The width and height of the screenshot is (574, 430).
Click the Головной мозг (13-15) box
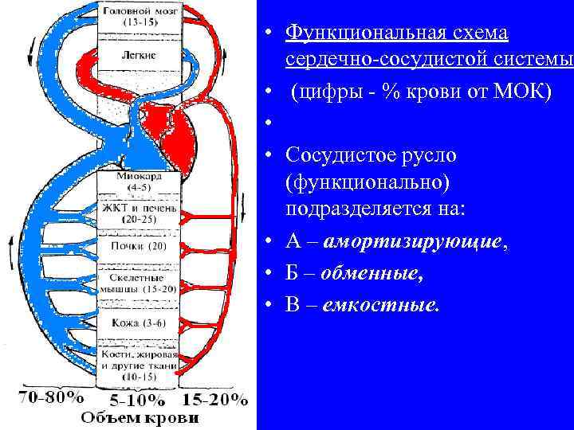(x=140, y=17)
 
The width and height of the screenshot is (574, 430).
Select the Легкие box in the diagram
(x=140, y=56)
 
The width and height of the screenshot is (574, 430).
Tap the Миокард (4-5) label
(x=139, y=182)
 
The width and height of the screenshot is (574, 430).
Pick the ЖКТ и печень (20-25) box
(x=139, y=213)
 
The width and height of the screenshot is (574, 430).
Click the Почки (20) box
(x=139, y=246)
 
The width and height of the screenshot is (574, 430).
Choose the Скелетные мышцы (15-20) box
(x=139, y=283)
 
